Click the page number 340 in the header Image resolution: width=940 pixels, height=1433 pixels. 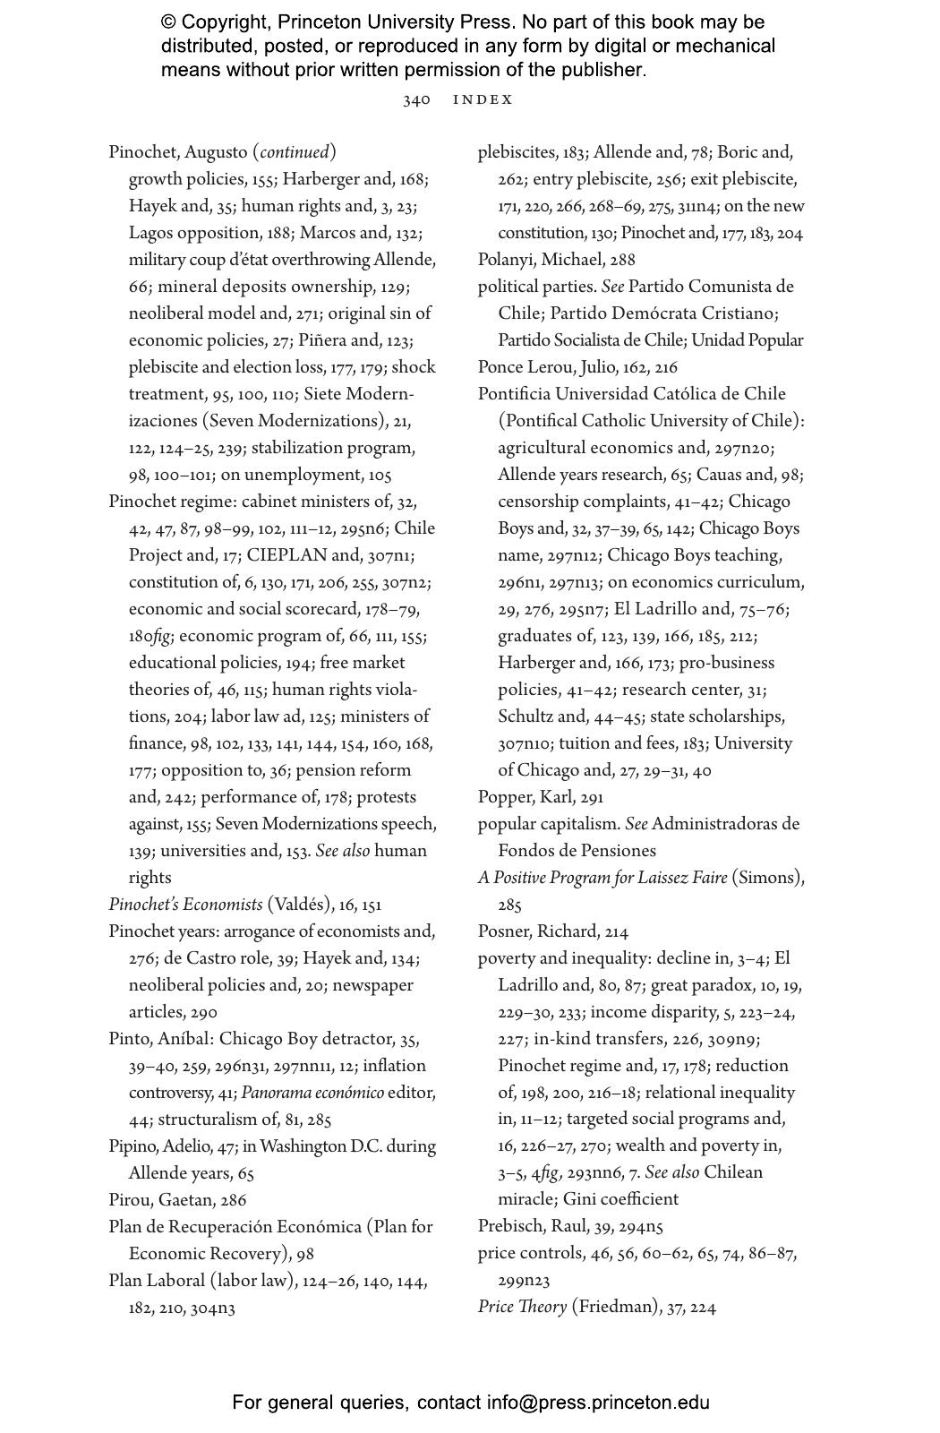[x=416, y=99]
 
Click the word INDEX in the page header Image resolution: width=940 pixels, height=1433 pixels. [x=483, y=99]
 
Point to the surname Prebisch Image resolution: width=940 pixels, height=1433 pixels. [x=512, y=1226]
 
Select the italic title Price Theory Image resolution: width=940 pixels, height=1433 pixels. [x=522, y=1307]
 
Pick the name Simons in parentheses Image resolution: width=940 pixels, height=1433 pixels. [x=767, y=878]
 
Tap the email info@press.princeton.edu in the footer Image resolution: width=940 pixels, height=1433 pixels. [x=598, y=1403]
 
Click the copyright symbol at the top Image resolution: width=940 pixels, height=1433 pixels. [x=167, y=22]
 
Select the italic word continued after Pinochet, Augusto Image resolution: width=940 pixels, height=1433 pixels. [x=295, y=152]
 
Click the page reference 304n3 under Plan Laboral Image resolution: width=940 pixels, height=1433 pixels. [x=213, y=1308]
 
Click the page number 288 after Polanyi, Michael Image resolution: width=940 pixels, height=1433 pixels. [x=620, y=260]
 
